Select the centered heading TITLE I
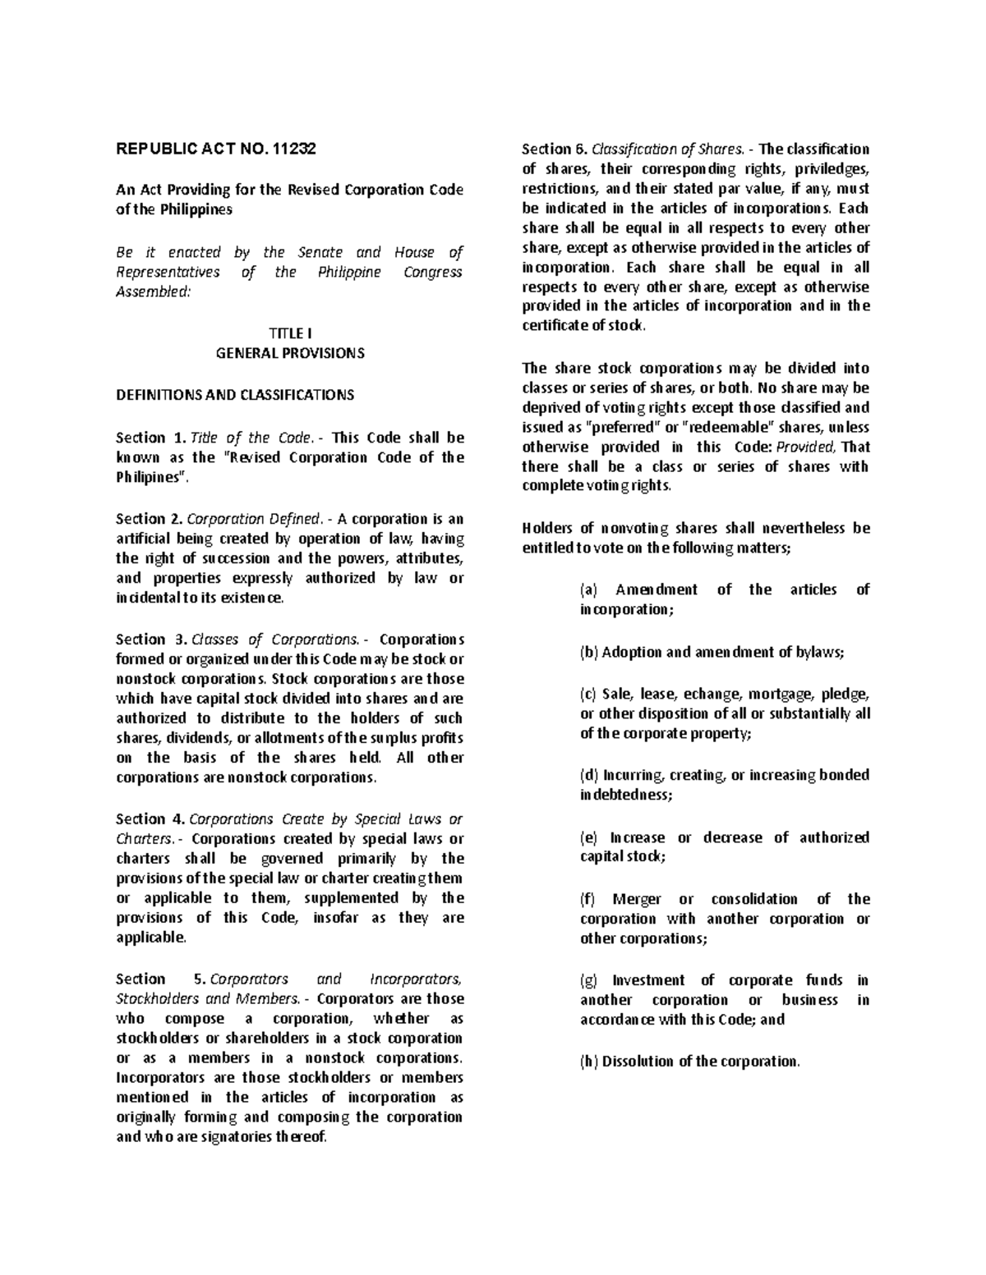290,333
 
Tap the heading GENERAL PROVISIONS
290,353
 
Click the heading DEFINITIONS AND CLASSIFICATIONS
235,395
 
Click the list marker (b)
588,653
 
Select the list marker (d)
588,775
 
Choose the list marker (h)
588,1062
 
